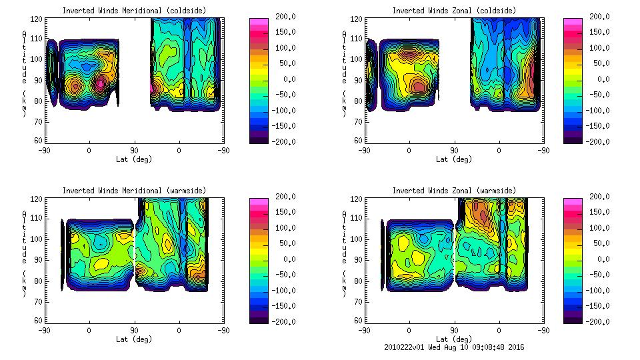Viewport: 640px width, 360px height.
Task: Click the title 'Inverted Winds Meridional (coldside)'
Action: (x=134, y=11)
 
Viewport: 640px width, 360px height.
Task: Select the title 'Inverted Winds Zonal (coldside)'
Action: (x=453, y=11)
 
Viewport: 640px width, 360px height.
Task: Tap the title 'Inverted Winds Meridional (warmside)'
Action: (x=134, y=191)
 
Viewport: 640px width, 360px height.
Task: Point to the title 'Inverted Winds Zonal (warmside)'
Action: (x=453, y=191)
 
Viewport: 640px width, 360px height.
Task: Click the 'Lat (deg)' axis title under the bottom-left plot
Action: (x=134, y=339)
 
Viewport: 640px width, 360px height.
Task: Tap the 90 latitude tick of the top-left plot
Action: (x=134, y=151)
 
